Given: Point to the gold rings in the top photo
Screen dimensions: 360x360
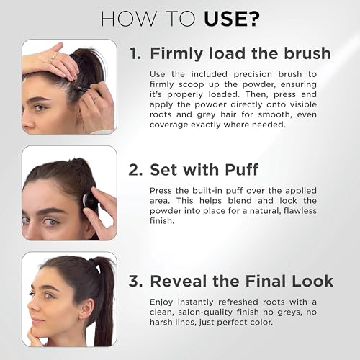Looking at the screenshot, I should (x=54, y=57).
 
